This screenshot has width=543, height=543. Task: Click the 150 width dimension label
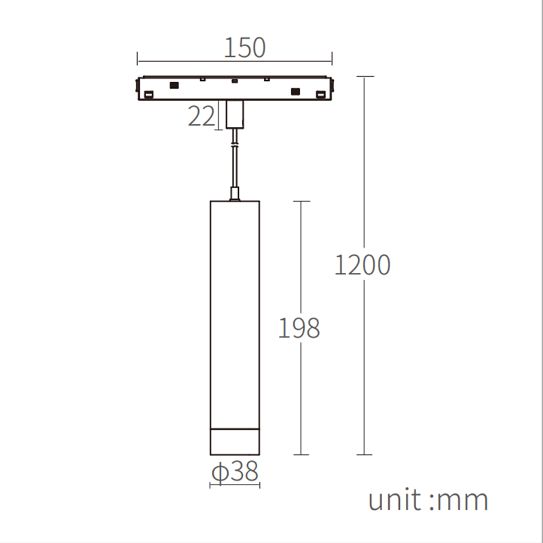click(x=244, y=48)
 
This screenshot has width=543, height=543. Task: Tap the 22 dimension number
click(x=201, y=117)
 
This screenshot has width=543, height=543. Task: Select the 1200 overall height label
click(x=363, y=265)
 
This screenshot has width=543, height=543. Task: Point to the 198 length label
click(x=299, y=328)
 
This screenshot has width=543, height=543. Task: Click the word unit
click(x=394, y=500)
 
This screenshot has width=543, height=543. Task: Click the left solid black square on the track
click(x=174, y=86)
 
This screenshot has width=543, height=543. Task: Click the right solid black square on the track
click(x=295, y=91)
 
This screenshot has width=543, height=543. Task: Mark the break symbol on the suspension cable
click(x=235, y=143)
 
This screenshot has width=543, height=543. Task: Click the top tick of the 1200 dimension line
click(x=364, y=77)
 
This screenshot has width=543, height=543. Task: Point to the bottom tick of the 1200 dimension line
click(x=364, y=454)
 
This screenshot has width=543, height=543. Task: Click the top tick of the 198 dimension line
click(x=301, y=201)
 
